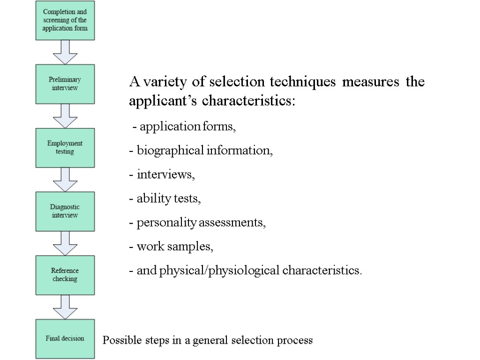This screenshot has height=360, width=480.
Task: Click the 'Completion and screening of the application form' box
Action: (65, 20)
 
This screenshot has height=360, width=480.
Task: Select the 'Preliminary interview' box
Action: (65, 84)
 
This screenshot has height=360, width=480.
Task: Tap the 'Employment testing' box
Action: (65, 148)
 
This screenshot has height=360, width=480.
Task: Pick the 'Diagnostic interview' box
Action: (65, 211)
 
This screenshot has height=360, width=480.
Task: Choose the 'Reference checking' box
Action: (65, 275)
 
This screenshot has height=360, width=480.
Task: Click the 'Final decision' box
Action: (65, 338)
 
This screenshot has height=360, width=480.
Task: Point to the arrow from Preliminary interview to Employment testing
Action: (65, 115)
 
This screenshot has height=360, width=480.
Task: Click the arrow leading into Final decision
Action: (65, 307)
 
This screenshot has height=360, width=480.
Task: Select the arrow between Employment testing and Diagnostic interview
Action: (65, 179)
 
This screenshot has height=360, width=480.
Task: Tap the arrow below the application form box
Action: (65, 52)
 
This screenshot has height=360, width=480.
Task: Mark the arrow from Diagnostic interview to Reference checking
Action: (65, 243)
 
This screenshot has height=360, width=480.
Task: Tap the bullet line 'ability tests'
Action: (165, 199)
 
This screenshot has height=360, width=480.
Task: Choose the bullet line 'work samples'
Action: (172, 247)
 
